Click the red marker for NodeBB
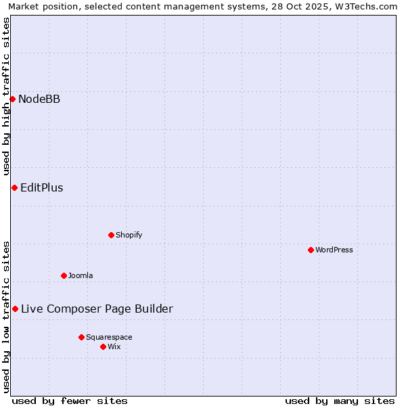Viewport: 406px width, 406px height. tap(12, 99)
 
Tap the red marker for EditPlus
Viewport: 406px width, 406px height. tap(14, 187)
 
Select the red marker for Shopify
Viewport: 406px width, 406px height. tap(111, 235)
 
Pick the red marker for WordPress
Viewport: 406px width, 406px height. tap(311, 250)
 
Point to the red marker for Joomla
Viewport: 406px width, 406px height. tap(64, 275)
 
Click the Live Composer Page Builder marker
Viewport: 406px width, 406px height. tap(15, 309)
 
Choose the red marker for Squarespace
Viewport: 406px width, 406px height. tap(81, 337)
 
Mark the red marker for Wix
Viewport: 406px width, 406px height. tap(103, 346)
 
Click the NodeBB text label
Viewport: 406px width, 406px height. tap(39, 99)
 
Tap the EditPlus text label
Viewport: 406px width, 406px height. tap(42, 187)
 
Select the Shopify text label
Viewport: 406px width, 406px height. tap(129, 235)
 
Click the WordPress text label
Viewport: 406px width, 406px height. tap(334, 250)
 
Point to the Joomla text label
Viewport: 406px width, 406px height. tap(81, 275)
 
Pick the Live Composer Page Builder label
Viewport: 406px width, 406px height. tap(97, 309)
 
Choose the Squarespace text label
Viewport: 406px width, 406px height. tap(109, 337)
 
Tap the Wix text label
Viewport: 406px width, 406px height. tap(114, 346)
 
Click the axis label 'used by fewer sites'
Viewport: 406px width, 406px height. tap(70, 401)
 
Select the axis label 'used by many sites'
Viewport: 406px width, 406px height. tap(340, 401)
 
